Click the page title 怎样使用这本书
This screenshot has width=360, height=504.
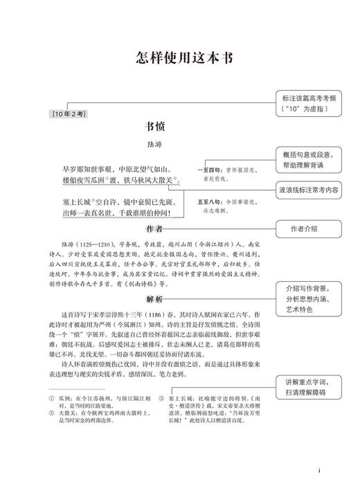coord(179,57)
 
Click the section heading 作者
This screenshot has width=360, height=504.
coord(156,228)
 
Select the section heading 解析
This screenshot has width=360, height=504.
coord(156,298)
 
